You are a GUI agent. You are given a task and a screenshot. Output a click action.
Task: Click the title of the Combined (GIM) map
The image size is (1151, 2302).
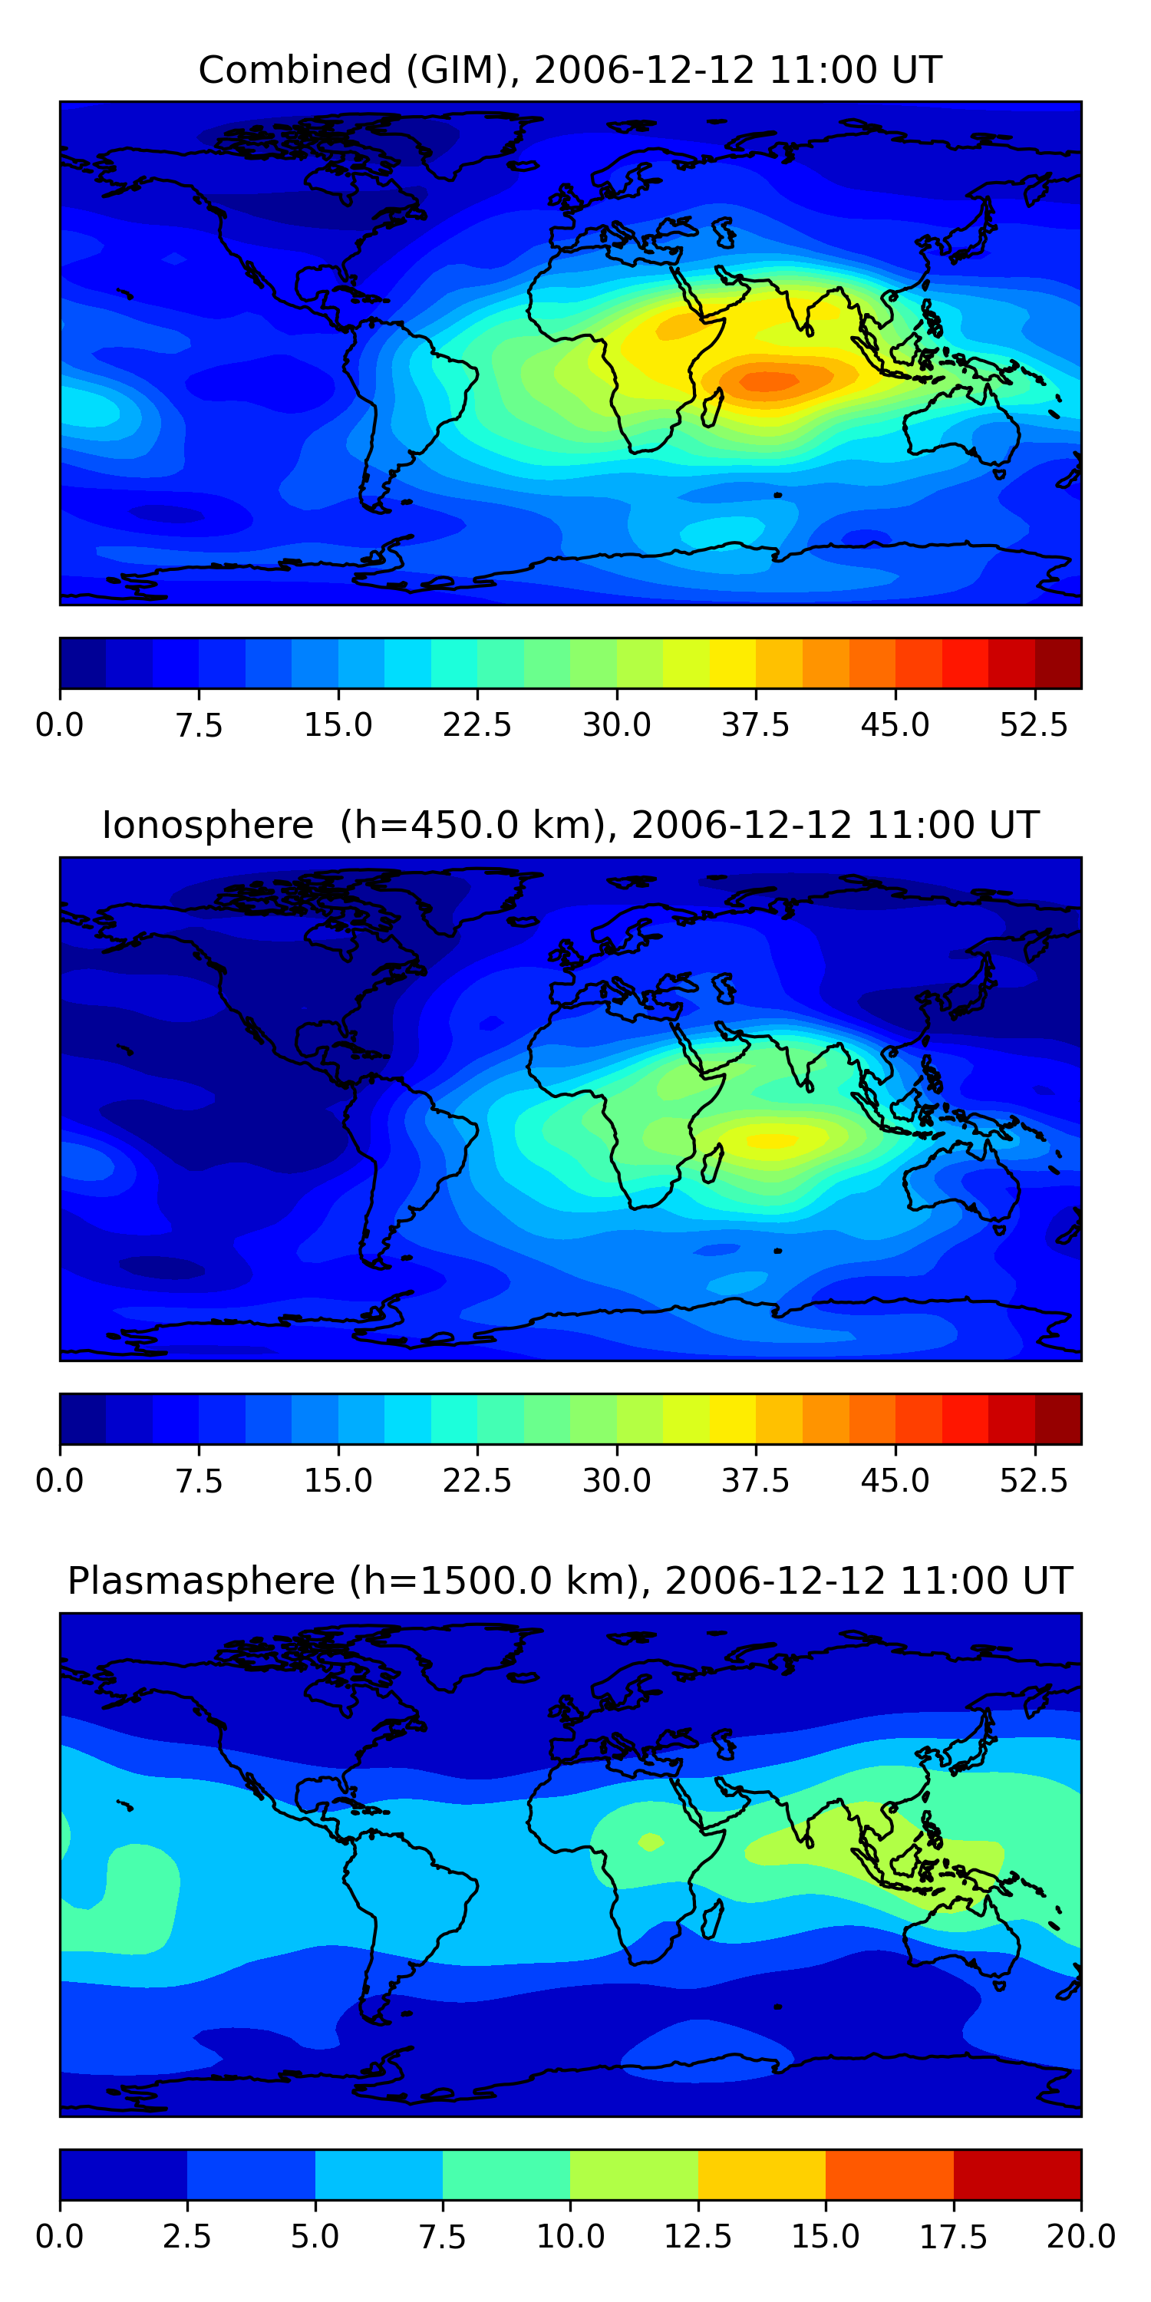(x=570, y=70)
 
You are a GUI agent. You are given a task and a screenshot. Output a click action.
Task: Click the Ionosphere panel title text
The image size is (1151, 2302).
(x=570, y=825)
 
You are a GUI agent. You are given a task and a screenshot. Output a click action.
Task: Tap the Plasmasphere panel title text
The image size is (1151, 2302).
(x=570, y=1581)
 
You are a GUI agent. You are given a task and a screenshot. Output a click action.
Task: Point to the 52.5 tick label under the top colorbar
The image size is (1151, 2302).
(x=1034, y=724)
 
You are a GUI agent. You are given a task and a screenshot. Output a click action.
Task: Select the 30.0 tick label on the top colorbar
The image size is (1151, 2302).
(x=617, y=724)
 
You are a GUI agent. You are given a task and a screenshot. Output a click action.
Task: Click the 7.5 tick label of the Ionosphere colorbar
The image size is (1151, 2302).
(x=199, y=1481)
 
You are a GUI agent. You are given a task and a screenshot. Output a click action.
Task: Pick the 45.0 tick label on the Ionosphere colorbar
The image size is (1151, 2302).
(x=895, y=1481)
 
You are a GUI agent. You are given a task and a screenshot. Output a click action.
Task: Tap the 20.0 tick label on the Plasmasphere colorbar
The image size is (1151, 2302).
(x=1080, y=2237)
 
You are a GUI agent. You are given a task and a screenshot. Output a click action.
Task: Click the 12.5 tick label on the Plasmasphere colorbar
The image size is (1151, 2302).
(x=698, y=2237)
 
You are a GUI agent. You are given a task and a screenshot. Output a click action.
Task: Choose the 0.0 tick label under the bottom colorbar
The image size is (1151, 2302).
(x=60, y=2237)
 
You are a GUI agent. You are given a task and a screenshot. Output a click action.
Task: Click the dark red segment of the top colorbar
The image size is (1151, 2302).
(x=1058, y=663)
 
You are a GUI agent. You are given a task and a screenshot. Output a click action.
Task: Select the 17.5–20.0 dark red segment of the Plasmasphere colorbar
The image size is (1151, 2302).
(x=1017, y=2174)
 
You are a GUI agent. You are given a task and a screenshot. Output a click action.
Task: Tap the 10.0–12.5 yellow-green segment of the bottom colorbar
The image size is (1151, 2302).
(x=634, y=2174)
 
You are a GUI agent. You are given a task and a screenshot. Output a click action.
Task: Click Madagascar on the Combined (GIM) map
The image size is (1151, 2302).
(x=712, y=408)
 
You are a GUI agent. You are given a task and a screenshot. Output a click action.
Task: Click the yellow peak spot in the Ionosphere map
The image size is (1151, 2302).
(x=771, y=1140)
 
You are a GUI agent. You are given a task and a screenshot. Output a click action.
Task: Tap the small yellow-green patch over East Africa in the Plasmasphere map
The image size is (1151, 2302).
(x=650, y=1842)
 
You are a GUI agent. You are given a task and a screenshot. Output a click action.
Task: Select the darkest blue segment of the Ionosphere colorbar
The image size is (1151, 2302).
(x=82, y=1419)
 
